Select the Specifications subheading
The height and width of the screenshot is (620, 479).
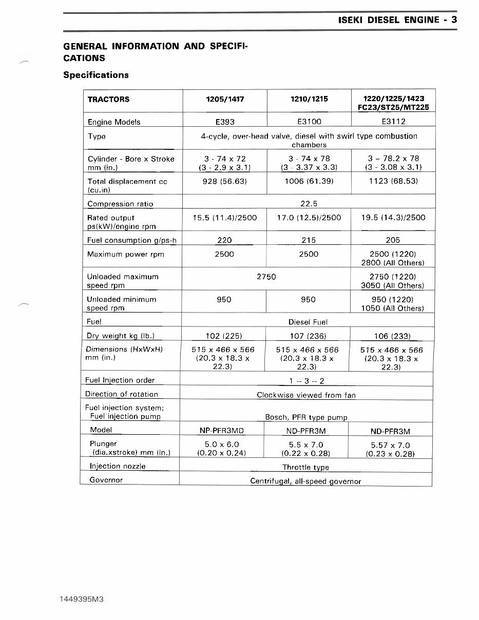pyautogui.click(x=95, y=75)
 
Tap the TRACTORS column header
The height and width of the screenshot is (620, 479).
pyautogui.click(x=108, y=100)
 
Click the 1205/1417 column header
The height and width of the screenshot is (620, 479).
pyautogui.click(x=224, y=100)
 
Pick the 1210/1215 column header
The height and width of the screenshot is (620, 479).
pyautogui.click(x=309, y=100)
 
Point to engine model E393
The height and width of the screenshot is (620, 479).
pyautogui.click(x=224, y=122)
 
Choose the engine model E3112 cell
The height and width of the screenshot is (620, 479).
pyautogui.click(x=393, y=122)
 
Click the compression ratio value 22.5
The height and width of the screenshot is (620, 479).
pyautogui.click(x=309, y=204)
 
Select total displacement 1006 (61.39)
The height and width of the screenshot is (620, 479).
pyautogui.click(x=309, y=181)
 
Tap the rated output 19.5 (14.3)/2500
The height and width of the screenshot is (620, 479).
pyautogui.click(x=393, y=218)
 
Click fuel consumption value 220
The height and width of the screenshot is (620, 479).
pyautogui.click(x=224, y=240)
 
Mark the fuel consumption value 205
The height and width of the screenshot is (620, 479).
pyautogui.click(x=393, y=240)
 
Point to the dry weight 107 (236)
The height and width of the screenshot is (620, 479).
pyautogui.click(x=308, y=336)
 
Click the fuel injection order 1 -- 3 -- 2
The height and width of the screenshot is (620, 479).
pyautogui.click(x=306, y=381)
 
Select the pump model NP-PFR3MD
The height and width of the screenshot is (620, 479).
pyautogui.click(x=221, y=431)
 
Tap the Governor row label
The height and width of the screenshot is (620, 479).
pyautogui.click(x=106, y=480)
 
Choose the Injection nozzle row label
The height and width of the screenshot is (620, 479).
pyautogui.click(x=118, y=466)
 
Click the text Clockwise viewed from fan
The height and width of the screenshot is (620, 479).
pyautogui.click(x=306, y=395)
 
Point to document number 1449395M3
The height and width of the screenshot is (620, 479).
pyautogui.click(x=82, y=599)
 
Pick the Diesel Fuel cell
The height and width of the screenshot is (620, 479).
pyautogui.click(x=308, y=322)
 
